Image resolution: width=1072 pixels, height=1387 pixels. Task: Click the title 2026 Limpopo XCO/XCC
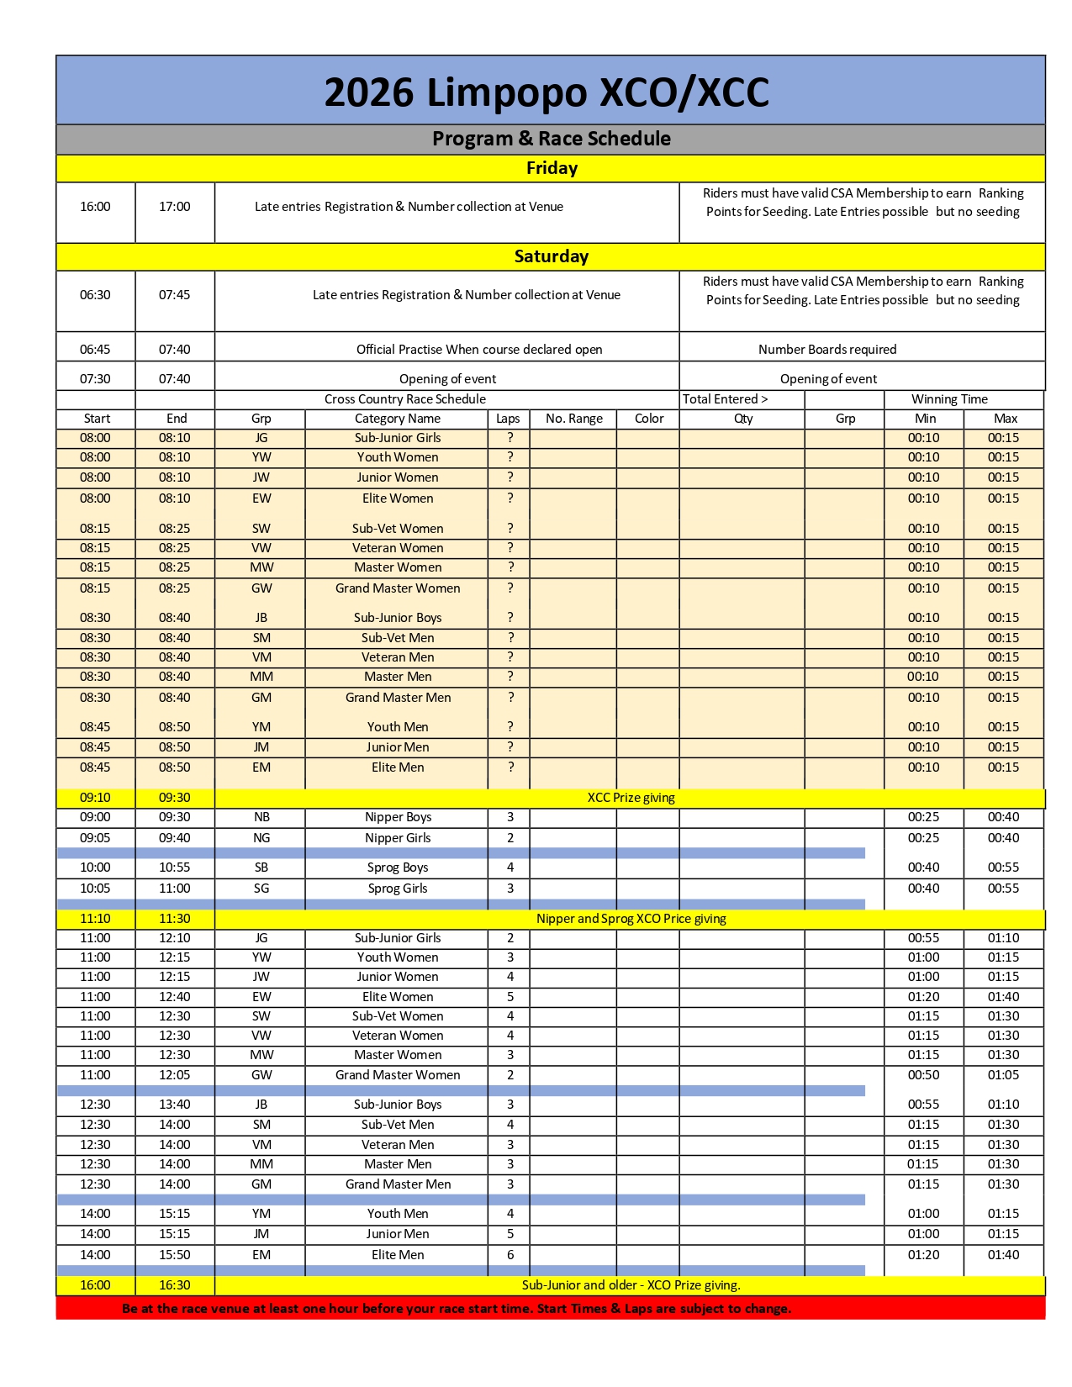tap(547, 92)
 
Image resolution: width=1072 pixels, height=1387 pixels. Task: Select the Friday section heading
tap(552, 168)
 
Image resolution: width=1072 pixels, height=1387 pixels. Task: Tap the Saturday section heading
tap(552, 256)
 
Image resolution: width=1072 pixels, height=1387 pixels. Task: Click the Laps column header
tap(508, 419)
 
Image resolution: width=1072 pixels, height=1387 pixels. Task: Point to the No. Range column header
tap(574, 419)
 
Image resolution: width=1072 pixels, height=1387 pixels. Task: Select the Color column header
tap(649, 419)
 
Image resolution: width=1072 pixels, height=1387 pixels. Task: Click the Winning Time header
tap(949, 399)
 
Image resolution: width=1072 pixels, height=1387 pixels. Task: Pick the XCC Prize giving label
tap(631, 798)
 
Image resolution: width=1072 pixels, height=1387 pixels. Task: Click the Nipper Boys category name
tap(398, 817)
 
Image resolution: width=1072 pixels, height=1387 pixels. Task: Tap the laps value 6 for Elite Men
tap(510, 1254)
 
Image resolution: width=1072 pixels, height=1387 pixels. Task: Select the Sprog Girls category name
tap(398, 889)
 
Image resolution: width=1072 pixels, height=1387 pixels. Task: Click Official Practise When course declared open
tap(479, 350)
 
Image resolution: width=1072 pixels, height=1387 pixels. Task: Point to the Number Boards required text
tap(827, 350)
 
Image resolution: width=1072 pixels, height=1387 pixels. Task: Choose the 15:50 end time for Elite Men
tap(175, 1255)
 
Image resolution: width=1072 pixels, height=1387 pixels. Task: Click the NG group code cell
tap(261, 838)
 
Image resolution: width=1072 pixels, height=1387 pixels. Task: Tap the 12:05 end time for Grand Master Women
tap(175, 1075)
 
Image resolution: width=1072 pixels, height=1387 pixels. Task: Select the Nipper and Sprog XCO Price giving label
tap(631, 919)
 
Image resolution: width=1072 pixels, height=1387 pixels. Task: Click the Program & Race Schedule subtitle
tap(552, 139)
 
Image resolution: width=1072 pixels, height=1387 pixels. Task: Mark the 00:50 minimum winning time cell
tap(923, 1075)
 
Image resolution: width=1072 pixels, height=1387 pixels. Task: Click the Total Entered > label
tap(725, 399)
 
